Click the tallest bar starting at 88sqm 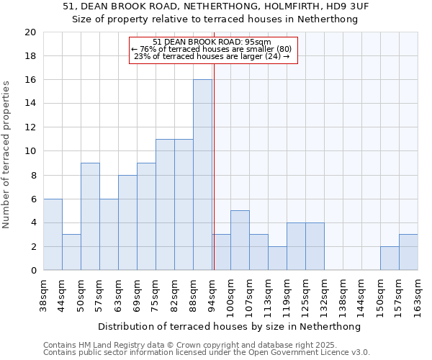point(202,175)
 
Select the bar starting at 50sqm point(90,217)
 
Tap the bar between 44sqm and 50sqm point(71,252)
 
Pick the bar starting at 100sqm point(240,240)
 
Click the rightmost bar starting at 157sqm point(408,252)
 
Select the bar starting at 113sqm point(277,258)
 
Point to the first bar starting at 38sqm point(53,235)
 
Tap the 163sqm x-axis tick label point(418,296)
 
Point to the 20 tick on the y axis point(30,32)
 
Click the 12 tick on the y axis point(30,127)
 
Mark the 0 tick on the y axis point(32,271)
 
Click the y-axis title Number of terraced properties point(6,154)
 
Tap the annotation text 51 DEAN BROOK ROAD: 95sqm point(212,42)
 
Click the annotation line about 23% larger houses point(212,56)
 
